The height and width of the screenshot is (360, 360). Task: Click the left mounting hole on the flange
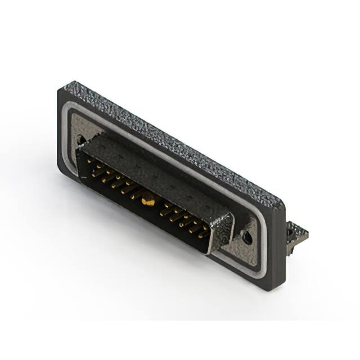[83, 138]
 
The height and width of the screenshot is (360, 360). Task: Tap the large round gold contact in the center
[148, 199]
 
